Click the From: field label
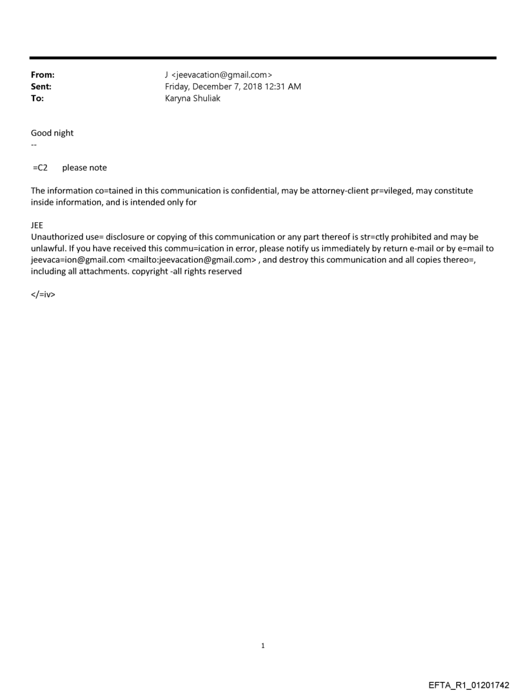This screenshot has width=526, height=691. [x=43, y=75]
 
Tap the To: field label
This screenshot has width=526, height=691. [x=37, y=99]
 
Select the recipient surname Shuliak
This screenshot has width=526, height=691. [x=206, y=99]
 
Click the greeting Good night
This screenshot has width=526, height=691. [x=52, y=133]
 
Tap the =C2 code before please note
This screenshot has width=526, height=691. [x=40, y=168]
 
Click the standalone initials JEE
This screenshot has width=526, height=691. [x=37, y=226]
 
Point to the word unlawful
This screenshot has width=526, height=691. [x=48, y=249]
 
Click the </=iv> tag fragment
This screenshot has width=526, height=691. [x=43, y=295]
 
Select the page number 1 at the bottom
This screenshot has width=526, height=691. [x=263, y=645]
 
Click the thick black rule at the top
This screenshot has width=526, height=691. [x=263, y=58]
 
